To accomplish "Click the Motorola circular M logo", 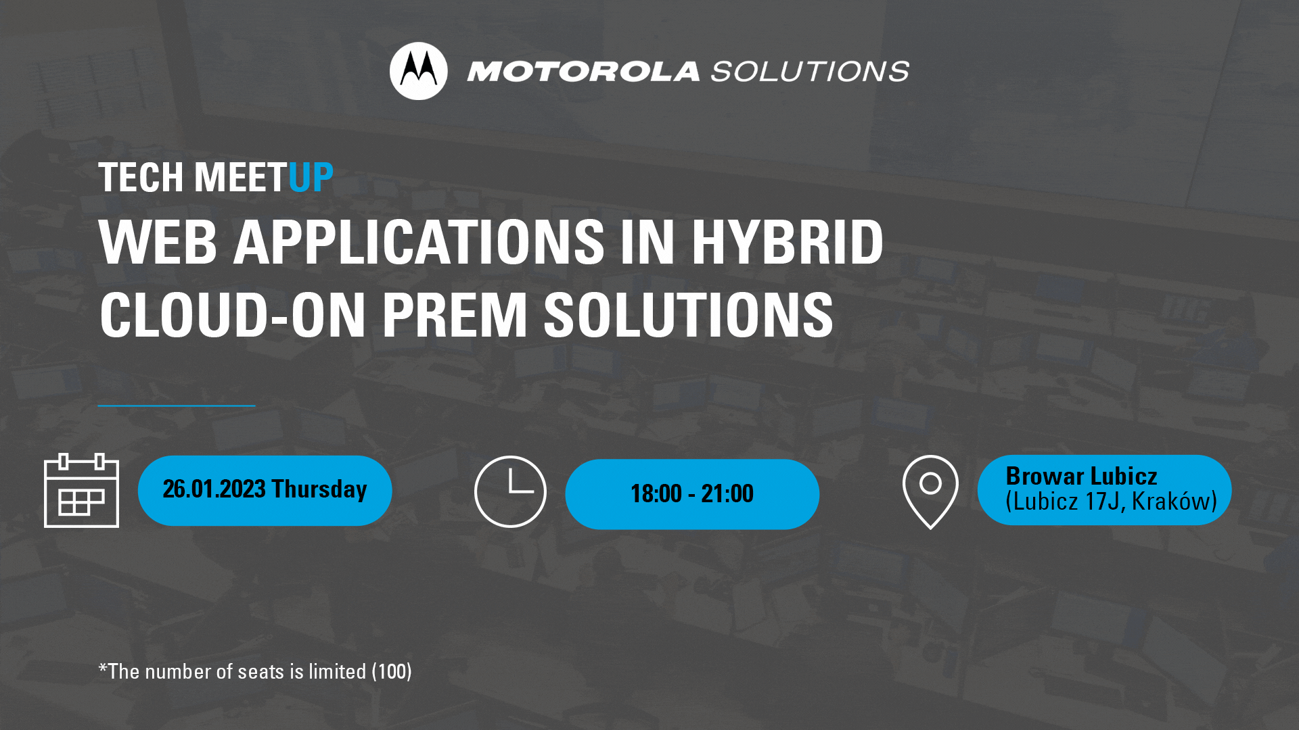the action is click(418, 71).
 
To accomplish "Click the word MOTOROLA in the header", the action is click(583, 72).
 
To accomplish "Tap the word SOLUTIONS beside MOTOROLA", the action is click(810, 72).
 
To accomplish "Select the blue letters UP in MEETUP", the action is click(311, 178).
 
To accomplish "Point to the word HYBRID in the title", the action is click(787, 242).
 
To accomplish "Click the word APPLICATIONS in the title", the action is click(419, 242).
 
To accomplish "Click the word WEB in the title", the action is click(158, 242).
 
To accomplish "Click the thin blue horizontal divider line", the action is click(177, 406).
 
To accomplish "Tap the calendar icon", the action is click(81, 491).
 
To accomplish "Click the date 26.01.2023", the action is click(214, 489).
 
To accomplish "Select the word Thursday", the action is click(319, 489).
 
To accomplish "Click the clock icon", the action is click(510, 491).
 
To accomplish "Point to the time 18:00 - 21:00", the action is click(692, 493).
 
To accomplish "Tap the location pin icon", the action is click(930, 492).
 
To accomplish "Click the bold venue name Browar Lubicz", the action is click(1081, 476).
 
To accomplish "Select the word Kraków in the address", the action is click(1175, 502).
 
